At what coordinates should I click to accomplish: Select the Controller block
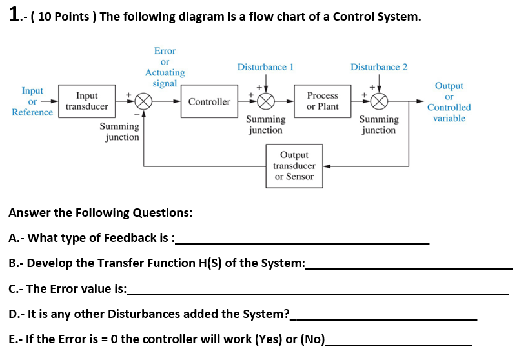(209, 101)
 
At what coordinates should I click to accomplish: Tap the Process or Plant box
(322, 101)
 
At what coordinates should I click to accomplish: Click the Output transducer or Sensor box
(294, 166)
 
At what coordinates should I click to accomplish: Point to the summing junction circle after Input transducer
(143, 102)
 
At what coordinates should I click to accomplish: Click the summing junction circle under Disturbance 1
(265, 102)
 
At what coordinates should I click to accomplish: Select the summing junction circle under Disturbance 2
(379, 102)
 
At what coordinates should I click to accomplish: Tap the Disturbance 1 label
(265, 67)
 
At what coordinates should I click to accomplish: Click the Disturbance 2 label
(379, 67)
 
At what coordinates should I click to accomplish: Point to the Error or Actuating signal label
(165, 67)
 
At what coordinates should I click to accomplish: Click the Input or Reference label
(32, 101)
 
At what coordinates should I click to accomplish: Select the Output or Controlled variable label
(449, 102)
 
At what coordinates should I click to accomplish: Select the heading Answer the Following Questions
(100, 213)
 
